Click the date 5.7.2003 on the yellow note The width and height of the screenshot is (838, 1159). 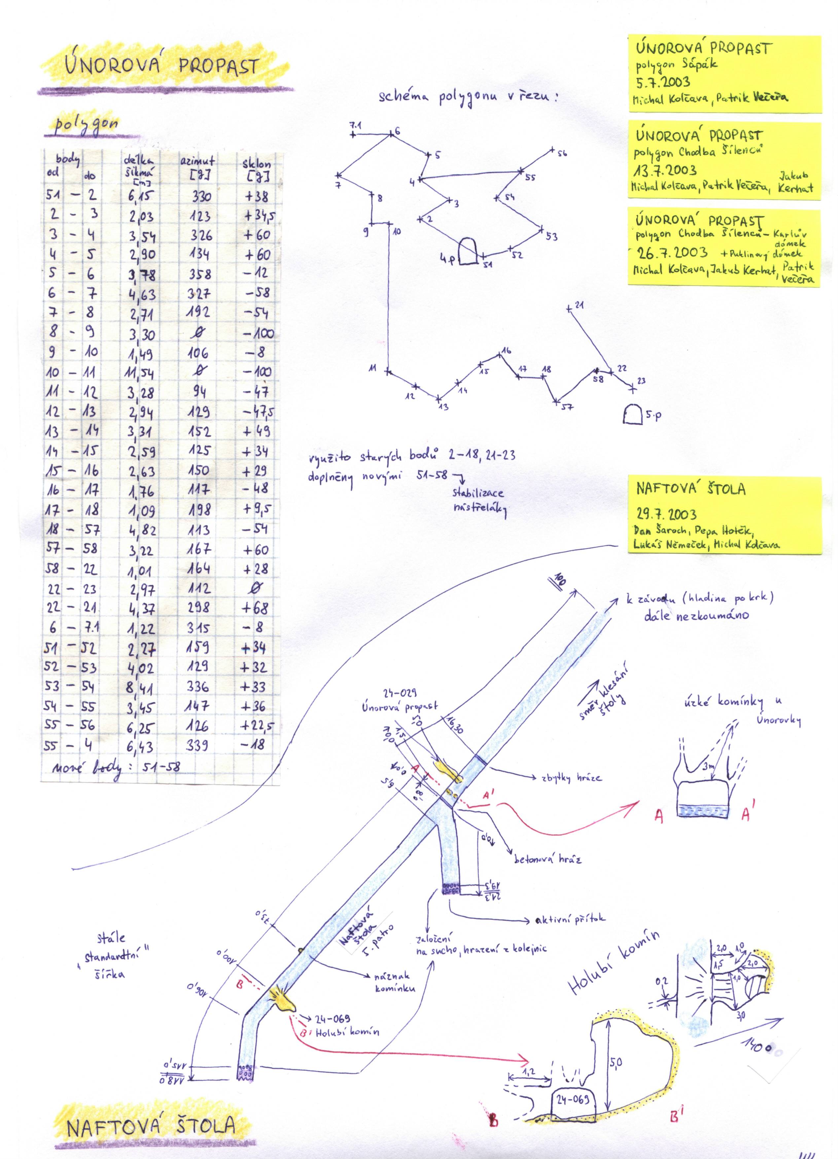[663, 82]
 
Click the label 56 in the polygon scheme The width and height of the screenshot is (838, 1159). [562, 153]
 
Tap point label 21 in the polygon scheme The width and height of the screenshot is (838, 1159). [579, 305]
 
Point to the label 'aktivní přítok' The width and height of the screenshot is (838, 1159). [570, 918]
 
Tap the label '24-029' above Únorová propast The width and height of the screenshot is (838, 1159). [400, 693]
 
